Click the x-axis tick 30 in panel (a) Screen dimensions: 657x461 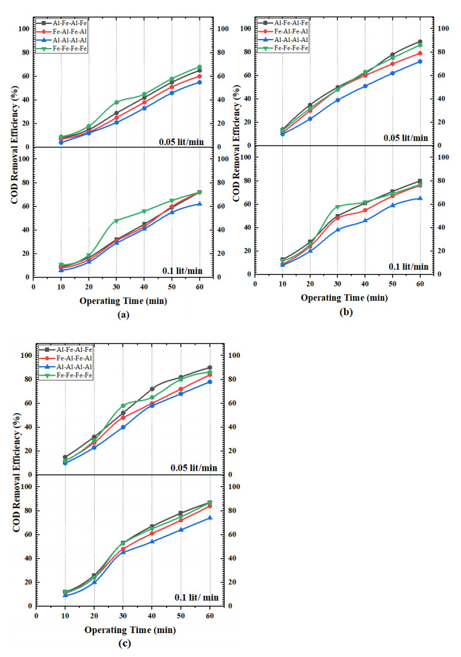click(117, 287)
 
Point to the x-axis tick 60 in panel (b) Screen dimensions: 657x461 click(420, 284)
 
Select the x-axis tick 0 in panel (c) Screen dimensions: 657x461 click(37, 616)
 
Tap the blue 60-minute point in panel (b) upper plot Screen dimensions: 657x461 click(420, 61)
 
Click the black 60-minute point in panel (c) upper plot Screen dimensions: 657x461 click(210, 367)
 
